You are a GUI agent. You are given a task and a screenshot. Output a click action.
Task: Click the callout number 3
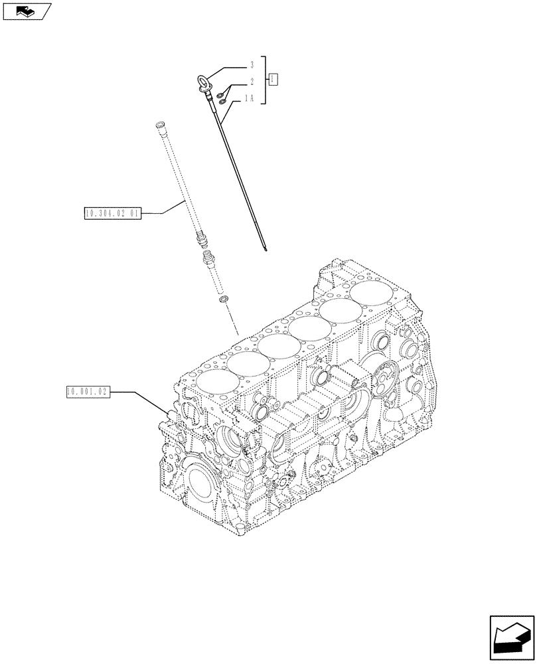[x=252, y=66]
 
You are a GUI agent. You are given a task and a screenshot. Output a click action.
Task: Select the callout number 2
[x=252, y=82]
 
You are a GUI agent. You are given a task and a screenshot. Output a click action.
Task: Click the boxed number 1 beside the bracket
[x=273, y=80]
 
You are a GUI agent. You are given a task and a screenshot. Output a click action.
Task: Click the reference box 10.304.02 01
[x=112, y=213]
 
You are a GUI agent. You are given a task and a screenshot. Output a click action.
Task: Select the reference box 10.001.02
[x=87, y=392]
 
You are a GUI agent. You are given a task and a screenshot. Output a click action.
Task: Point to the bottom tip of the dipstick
[x=266, y=250]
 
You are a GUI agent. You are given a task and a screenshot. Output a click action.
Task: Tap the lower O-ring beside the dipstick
[x=222, y=102]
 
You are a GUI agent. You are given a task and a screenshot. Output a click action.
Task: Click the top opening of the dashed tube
[x=159, y=125]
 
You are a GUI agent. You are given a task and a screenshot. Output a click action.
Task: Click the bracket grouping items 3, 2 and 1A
[x=265, y=80]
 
